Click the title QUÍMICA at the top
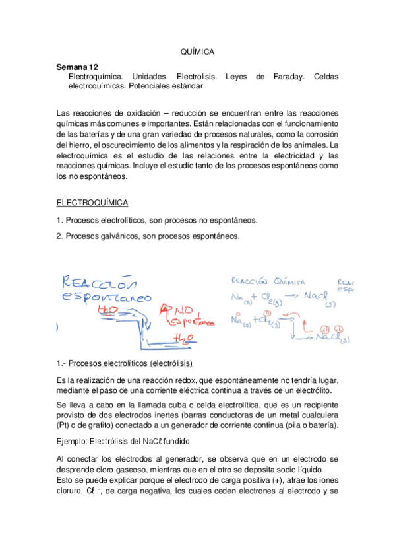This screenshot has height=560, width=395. tap(197, 52)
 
